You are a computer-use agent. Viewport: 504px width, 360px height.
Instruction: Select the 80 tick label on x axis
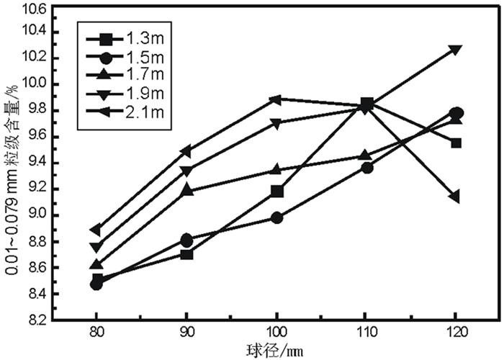coord(96,333)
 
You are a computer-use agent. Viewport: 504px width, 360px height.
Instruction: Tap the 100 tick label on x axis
coord(277,333)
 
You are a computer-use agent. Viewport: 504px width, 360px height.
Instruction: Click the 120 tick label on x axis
coord(456,333)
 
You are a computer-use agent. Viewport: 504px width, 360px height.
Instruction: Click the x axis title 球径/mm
coord(276,350)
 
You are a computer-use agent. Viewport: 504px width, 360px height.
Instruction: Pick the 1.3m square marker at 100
coord(277,191)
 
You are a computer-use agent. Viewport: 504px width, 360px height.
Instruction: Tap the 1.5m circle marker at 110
coord(366,168)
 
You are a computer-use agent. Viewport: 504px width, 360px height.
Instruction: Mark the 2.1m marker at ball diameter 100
coord(277,99)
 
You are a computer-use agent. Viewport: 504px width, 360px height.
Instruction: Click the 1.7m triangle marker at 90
coord(187,191)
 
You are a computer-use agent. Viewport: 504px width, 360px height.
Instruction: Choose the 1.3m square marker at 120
coord(456,143)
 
